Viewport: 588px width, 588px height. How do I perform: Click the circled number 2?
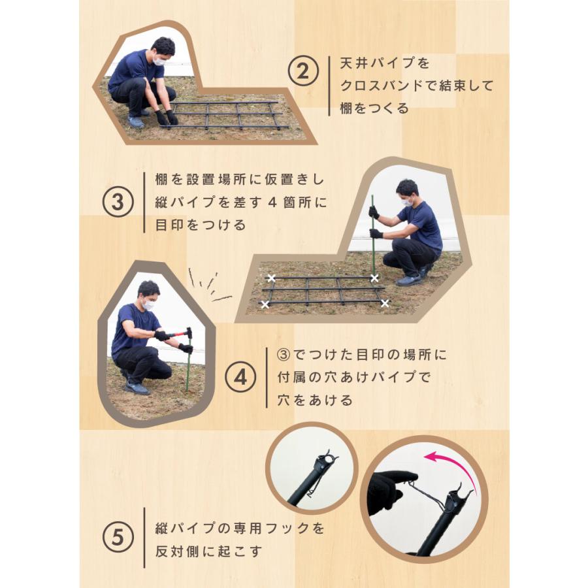coord(303,71)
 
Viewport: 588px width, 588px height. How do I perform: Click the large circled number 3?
coord(118,202)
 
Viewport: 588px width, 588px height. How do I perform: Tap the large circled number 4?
coord(240,377)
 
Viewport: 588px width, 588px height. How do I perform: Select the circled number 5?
coord(118,536)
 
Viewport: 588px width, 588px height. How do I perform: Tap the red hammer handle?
coord(176,334)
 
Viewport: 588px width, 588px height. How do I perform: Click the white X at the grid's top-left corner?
coord(271,278)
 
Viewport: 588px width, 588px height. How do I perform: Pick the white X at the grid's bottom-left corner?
coord(265,304)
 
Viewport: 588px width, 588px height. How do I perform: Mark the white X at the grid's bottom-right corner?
coord(385,303)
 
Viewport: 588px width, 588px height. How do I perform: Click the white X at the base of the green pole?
coord(374,278)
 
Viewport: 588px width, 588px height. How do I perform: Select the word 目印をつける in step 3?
coord(201,225)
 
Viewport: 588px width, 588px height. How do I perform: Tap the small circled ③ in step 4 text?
coord(284,354)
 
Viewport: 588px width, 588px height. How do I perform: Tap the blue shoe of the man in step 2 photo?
coord(136,122)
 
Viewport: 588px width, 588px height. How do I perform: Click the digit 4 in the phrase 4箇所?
coord(272,203)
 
